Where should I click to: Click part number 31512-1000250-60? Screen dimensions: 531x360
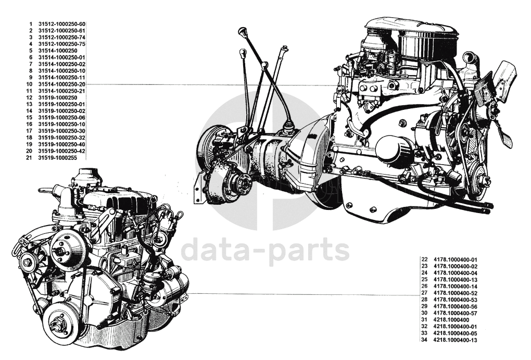pos(61,24)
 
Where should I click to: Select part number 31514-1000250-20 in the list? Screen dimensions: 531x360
pos(61,84)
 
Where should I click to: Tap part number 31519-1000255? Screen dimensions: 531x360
pos(58,158)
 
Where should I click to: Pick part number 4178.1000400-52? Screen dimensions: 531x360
pos(456,293)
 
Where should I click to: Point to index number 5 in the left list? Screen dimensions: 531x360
pos(31,51)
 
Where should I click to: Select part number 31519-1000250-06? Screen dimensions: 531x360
pos(61,118)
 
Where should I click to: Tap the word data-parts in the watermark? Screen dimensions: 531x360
pos(265,251)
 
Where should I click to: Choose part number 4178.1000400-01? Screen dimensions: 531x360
pos(456,259)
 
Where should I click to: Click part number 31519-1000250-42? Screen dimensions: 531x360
pos(61,151)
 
